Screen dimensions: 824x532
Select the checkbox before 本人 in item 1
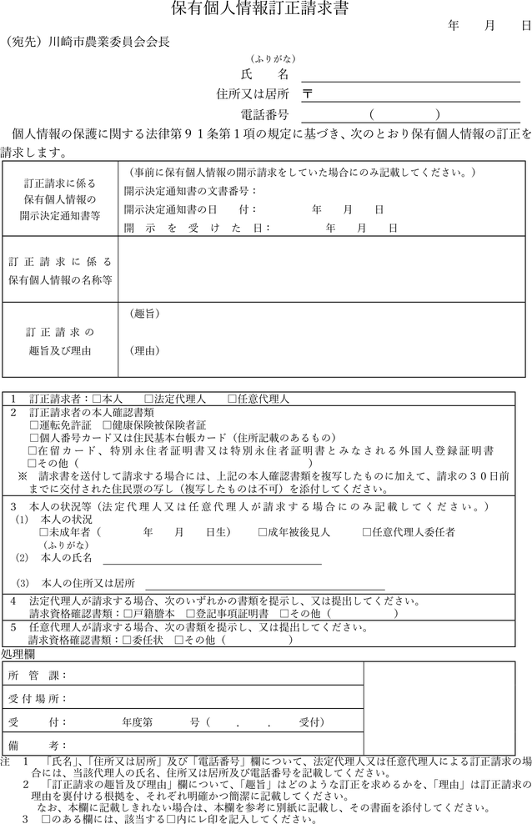[97, 399]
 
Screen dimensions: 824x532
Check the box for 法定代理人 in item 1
[148, 399]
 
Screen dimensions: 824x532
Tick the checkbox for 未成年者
[44, 531]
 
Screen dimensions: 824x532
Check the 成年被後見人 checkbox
[262, 531]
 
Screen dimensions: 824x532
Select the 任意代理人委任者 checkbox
[366, 531]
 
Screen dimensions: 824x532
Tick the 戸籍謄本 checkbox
[128, 613]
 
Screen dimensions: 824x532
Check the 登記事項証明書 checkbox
[190, 613]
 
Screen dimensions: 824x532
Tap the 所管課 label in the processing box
[37, 674]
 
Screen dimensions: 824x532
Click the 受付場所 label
[37, 698]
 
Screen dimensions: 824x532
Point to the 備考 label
[37, 745]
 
